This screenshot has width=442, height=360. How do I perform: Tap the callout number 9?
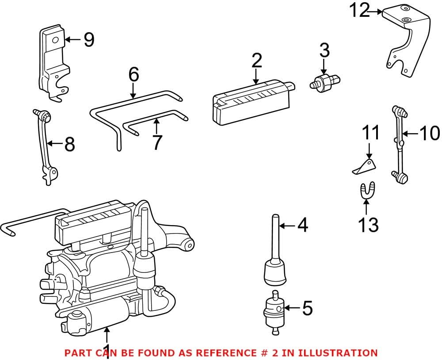[x=89, y=40]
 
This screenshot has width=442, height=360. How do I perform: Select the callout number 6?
[x=133, y=75]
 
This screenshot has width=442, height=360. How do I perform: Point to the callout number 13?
[x=368, y=225]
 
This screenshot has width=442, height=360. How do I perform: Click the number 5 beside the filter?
[x=307, y=308]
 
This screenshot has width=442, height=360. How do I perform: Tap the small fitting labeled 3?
[x=324, y=81]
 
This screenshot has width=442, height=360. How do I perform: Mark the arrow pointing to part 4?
[x=287, y=226]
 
